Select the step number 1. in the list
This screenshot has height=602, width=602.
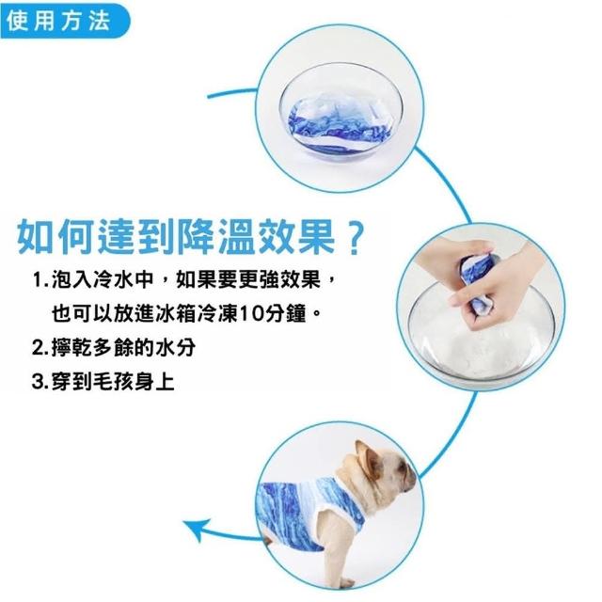pyautogui.click(x=40, y=279)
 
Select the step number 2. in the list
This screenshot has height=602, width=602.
pyautogui.click(x=40, y=348)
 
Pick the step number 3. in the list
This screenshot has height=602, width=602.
pyautogui.click(x=40, y=382)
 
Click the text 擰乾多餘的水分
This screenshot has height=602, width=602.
pyautogui.click(x=123, y=348)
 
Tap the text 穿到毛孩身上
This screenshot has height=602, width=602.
pyautogui.click(x=113, y=382)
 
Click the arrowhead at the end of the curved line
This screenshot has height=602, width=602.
pyautogui.click(x=197, y=529)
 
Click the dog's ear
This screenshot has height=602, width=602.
pyautogui.click(x=368, y=458)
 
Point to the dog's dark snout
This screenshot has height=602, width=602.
pyautogui.click(x=410, y=479)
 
